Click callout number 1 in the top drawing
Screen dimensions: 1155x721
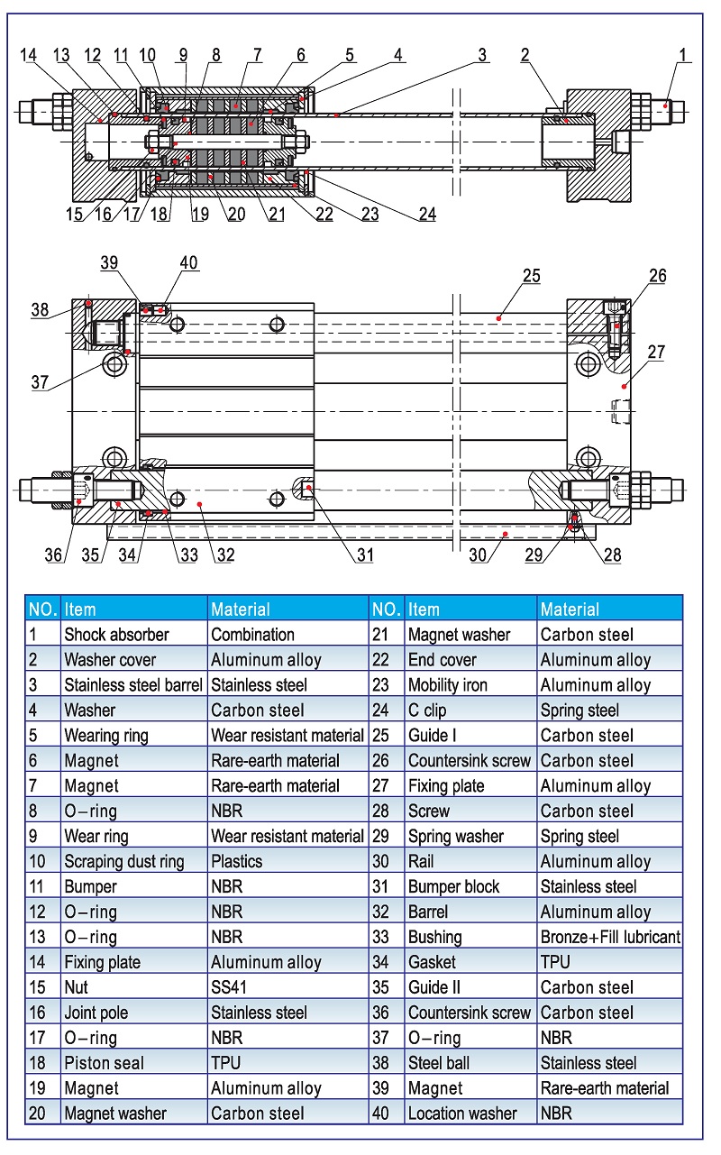click(x=683, y=56)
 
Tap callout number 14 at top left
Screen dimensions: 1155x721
click(x=28, y=56)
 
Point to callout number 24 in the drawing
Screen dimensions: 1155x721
click(x=426, y=215)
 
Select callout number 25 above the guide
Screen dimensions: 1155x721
click(x=531, y=276)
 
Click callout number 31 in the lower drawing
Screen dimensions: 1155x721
click(x=364, y=555)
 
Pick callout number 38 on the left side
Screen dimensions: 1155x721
click(x=40, y=308)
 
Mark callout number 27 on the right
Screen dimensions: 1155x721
click(x=656, y=352)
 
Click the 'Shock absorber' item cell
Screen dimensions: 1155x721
click(x=116, y=635)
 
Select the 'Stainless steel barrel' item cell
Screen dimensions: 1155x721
click(x=133, y=685)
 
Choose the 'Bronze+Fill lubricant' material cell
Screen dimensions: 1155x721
click(x=610, y=937)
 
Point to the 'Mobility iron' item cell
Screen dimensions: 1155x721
click(x=447, y=685)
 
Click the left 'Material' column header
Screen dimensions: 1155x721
click(x=241, y=610)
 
